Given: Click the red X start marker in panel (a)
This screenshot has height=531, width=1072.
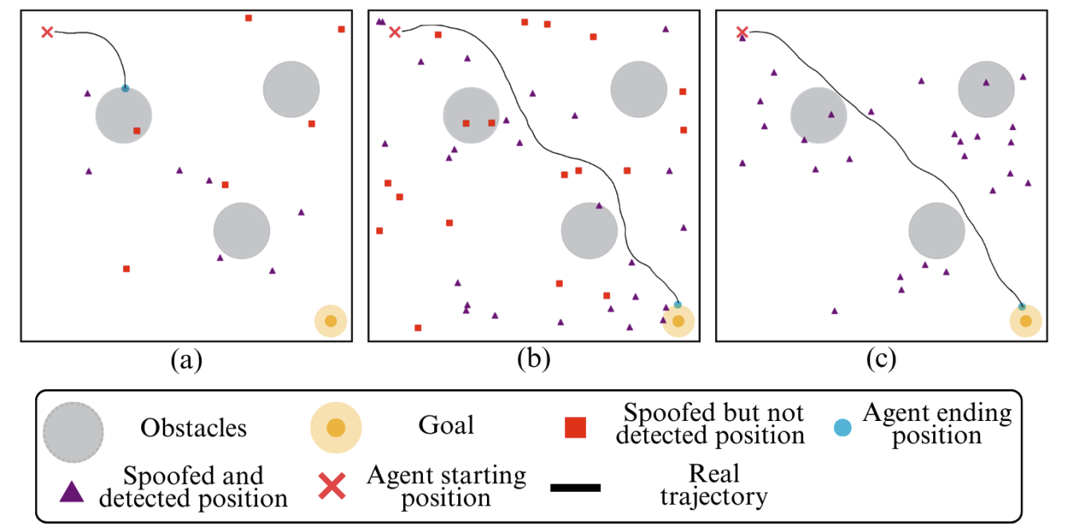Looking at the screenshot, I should click(47, 32).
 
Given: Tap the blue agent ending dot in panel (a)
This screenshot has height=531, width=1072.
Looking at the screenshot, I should click(125, 88).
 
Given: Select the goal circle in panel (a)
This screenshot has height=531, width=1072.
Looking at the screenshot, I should click(330, 321).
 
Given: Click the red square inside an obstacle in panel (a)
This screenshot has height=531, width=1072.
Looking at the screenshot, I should click(136, 131).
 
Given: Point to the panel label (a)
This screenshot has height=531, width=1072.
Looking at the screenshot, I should click(186, 360).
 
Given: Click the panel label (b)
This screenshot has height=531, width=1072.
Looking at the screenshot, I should click(533, 360).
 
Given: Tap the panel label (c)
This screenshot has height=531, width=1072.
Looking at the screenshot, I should click(881, 360).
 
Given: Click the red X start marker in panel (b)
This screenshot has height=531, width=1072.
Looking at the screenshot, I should click(394, 32).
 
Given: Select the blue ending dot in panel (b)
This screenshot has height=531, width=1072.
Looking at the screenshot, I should click(678, 305).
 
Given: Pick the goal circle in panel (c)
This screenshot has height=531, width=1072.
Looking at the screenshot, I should click(1026, 321).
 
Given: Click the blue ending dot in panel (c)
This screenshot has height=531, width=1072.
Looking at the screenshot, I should click(1022, 306).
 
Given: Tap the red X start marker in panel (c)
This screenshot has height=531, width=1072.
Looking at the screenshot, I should click(742, 32).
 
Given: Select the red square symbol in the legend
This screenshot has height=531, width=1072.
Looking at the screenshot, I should click(576, 428).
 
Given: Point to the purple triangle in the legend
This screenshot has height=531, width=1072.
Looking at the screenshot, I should click(73, 491).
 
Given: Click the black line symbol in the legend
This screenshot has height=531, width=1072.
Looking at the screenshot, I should click(576, 487).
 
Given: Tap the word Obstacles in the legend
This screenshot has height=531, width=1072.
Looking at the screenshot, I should click(193, 428).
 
